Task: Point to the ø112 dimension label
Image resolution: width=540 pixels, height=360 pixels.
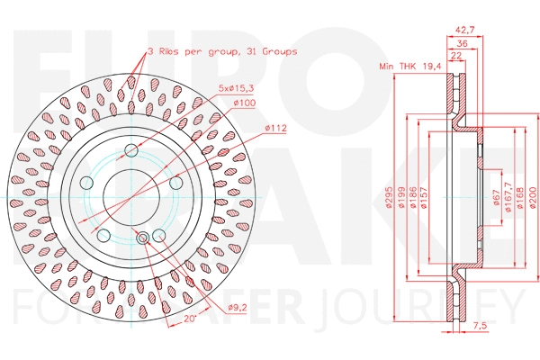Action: pos(276,128)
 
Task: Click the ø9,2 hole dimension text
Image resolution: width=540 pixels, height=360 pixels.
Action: pos(238,309)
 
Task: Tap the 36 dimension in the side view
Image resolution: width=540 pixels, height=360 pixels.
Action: pos(462,42)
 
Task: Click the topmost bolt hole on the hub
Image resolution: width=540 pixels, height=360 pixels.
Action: pos(131,149)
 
